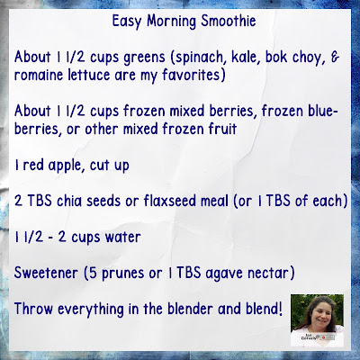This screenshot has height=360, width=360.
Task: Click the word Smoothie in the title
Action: (229, 21)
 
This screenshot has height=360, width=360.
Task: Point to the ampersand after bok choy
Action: (335, 58)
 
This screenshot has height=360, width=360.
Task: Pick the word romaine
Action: (39, 76)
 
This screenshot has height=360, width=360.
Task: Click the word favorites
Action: (193, 75)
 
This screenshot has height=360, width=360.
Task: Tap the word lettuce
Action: (89, 75)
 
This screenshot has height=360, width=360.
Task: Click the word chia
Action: (69, 201)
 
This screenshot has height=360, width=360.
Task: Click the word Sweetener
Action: (46, 273)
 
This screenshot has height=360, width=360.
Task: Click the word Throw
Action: (33, 309)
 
